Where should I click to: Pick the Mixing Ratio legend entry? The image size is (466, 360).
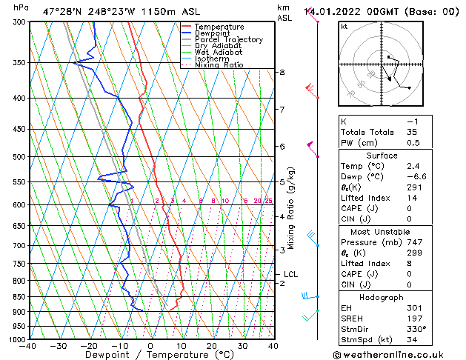point(219,65)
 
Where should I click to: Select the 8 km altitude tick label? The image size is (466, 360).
point(282,72)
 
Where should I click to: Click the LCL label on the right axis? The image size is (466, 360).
point(290,274)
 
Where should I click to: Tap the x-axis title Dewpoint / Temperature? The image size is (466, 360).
point(150,355)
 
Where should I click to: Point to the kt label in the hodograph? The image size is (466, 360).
point(344,26)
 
